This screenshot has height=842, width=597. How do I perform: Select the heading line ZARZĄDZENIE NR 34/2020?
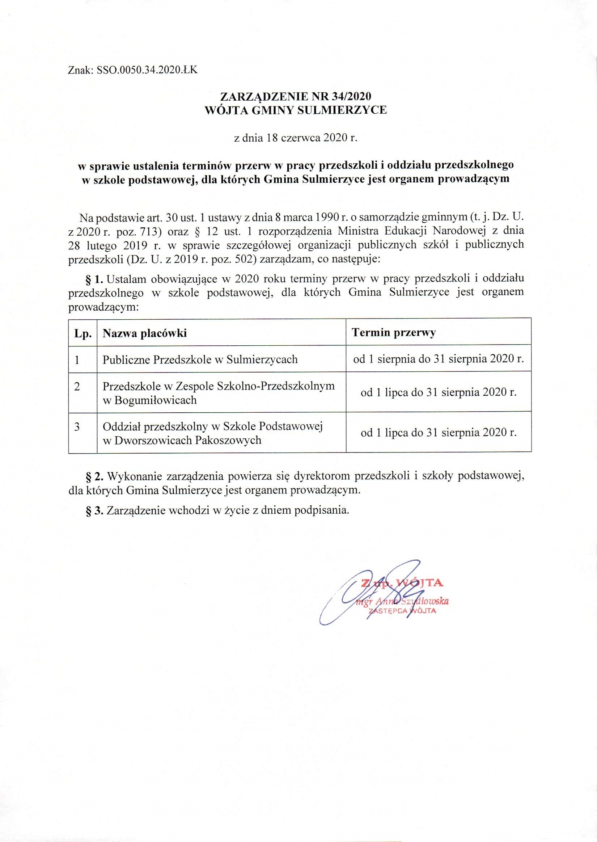coord(296,96)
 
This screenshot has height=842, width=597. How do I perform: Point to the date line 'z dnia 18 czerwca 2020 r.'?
coord(296,138)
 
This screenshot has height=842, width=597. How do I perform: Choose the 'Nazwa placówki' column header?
coord(144,333)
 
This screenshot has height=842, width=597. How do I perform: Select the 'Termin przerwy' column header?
coord(394,333)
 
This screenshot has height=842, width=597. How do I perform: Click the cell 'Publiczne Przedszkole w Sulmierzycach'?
coord(200,359)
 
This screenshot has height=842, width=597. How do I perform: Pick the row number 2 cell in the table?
coord(77,387)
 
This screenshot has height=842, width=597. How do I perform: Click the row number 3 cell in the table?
coord(77,427)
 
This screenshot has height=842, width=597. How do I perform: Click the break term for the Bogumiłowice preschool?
coord(439,392)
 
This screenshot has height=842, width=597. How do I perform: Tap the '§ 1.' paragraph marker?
coord(95,279)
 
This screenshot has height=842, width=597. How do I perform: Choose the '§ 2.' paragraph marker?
coord(95,476)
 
